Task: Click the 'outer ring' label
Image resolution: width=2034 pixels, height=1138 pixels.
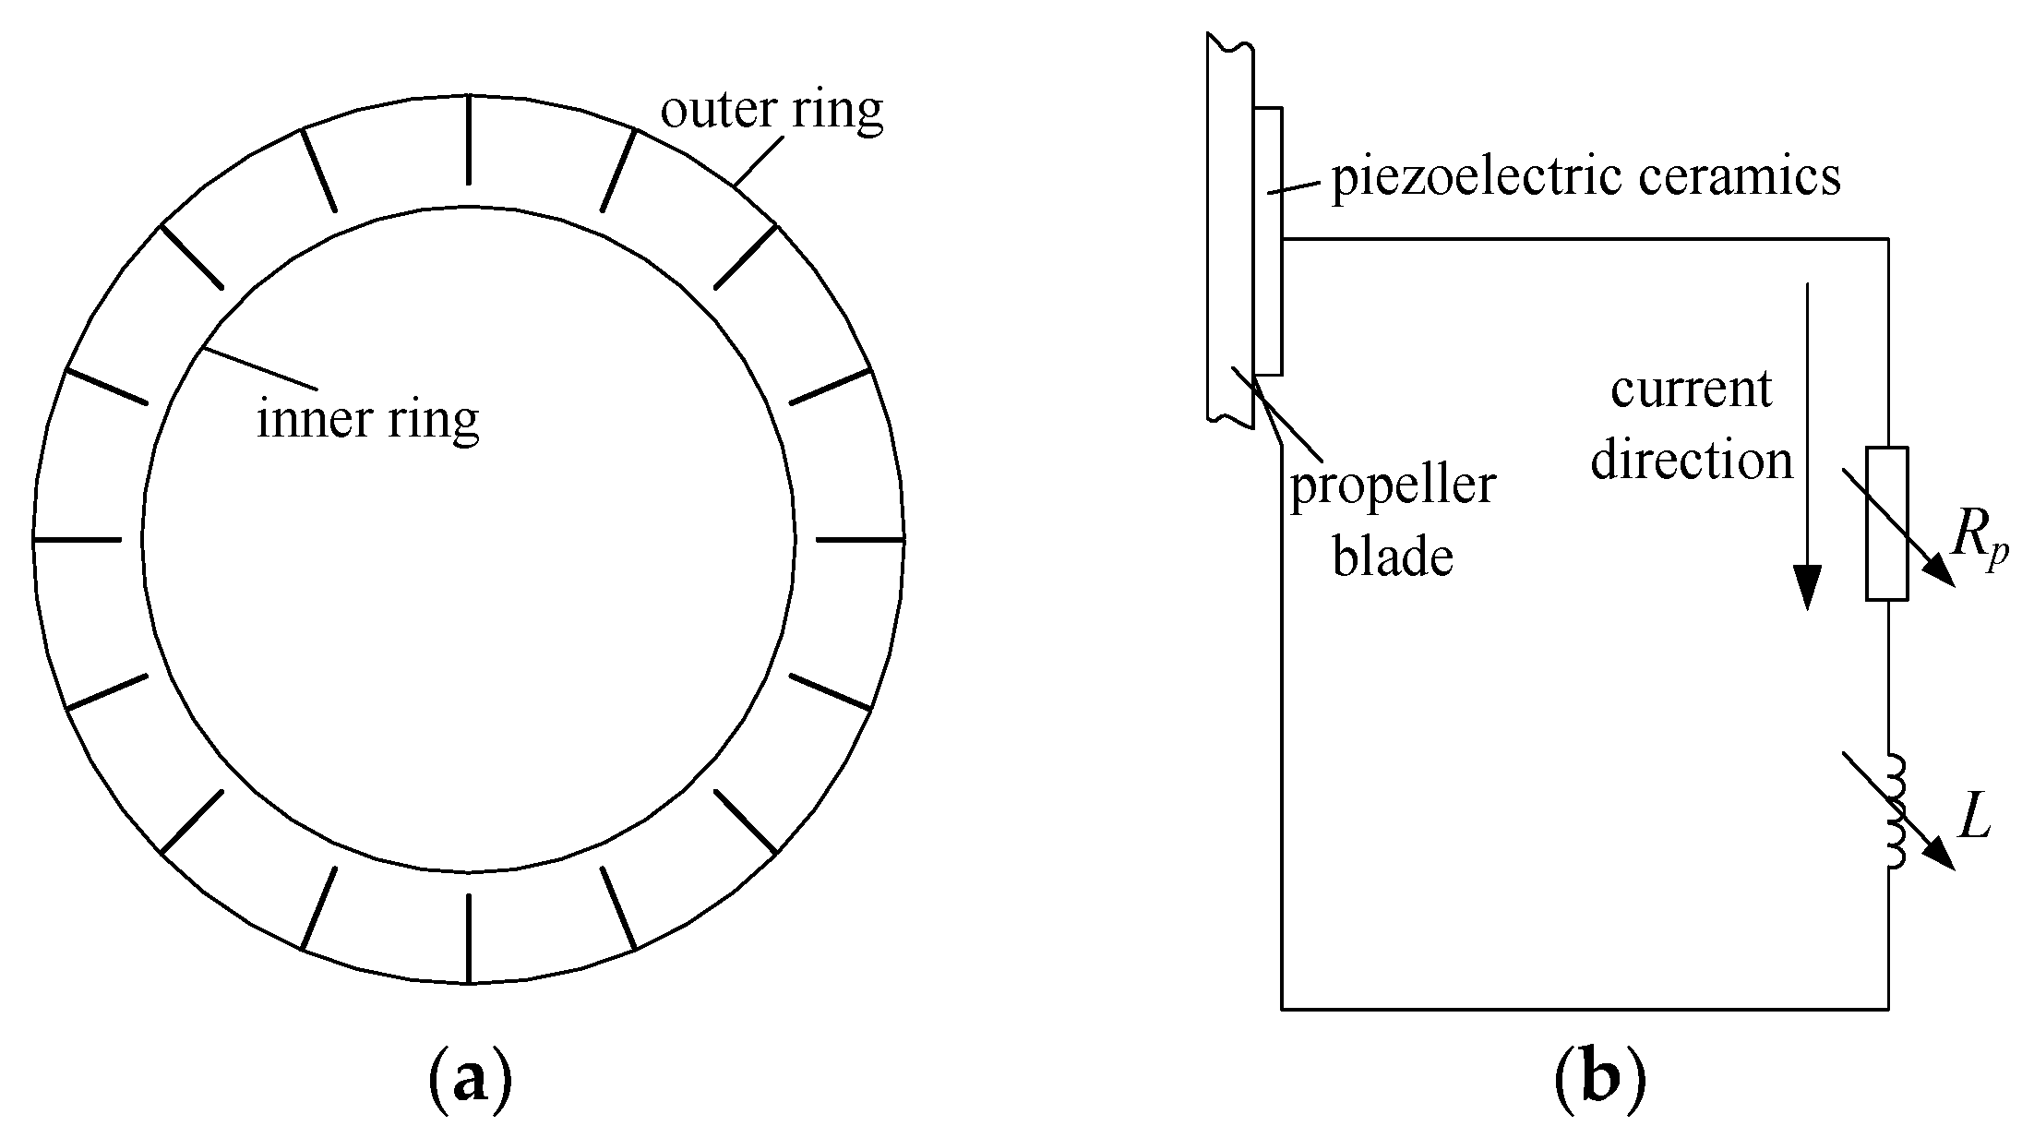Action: click(x=772, y=111)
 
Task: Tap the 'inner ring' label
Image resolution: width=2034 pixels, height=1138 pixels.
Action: click(x=367, y=419)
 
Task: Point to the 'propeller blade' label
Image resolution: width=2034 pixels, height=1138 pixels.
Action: click(x=1392, y=521)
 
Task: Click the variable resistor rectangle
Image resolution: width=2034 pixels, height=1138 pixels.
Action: click(x=1887, y=523)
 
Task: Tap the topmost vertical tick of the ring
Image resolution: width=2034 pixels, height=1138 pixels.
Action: click(x=469, y=139)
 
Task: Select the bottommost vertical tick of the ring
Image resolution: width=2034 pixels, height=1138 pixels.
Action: click(x=469, y=938)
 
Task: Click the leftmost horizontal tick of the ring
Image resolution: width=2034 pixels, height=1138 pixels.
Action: click(x=77, y=538)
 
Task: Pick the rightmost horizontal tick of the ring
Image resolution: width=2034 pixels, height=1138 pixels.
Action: click(x=860, y=538)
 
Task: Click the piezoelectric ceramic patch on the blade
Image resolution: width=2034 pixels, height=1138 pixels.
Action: click(x=1269, y=242)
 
